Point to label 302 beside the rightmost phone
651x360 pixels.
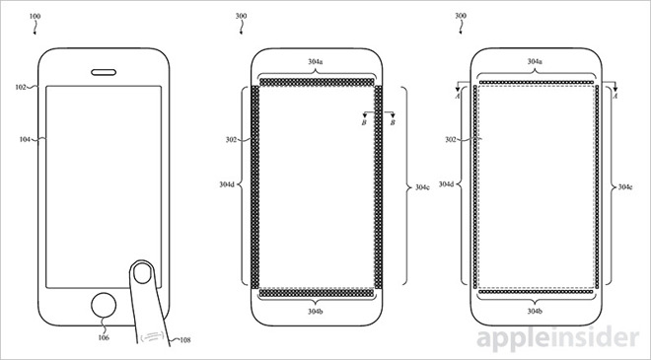451,141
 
